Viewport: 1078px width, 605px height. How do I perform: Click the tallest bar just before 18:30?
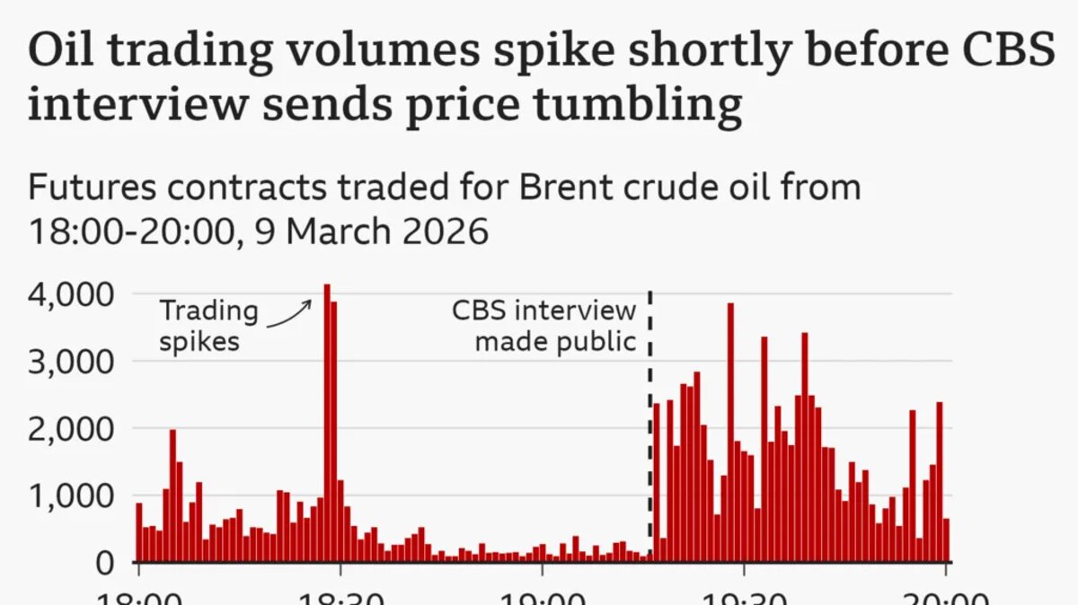pos(327,422)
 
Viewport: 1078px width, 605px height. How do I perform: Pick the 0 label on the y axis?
pos(105,563)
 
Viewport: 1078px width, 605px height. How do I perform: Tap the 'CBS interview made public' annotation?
pos(543,326)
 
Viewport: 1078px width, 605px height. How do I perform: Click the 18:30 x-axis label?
pos(339,598)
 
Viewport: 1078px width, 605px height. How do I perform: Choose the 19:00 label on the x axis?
pos(542,598)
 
